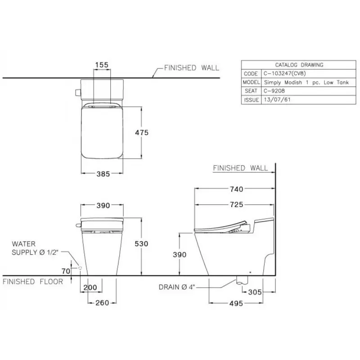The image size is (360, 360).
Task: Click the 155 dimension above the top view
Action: [102, 65]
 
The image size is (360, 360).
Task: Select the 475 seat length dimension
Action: [142, 132]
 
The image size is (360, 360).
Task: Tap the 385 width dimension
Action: [103, 174]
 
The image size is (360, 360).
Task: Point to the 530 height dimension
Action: [141, 243]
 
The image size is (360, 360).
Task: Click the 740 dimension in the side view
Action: [237, 189]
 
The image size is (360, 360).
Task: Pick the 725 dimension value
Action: [237, 204]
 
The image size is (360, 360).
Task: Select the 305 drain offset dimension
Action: [255, 292]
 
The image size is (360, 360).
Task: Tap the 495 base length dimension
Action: [236, 303]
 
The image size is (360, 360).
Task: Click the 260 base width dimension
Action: [102, 303]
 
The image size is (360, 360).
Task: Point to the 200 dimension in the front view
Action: [90, 288]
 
